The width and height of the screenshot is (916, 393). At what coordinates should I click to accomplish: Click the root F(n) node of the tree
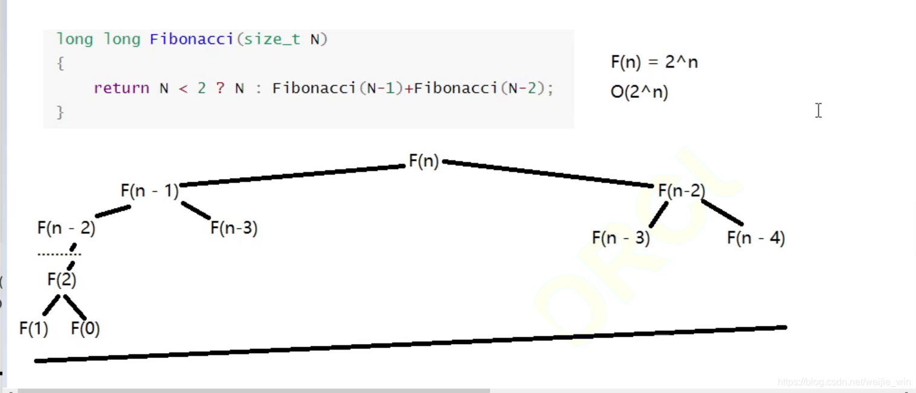coord(424,161)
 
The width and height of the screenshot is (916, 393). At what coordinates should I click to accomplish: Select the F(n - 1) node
coord(150,191)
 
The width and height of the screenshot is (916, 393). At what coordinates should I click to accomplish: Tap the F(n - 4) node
coord(756,238)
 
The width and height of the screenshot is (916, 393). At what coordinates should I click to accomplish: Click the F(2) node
coord(62,280)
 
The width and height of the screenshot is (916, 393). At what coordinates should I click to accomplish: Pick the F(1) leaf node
coord(34,329)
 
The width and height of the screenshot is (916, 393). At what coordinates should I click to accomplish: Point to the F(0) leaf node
coord(85,329)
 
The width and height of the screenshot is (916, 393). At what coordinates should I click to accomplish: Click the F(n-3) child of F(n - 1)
coord(234,229)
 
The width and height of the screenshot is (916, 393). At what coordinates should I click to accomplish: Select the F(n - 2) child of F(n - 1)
coord(66,229)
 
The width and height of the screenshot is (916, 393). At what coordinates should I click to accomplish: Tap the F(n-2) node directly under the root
coord(682,191)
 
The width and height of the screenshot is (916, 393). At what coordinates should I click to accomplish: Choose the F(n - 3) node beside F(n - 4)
coord(621,238)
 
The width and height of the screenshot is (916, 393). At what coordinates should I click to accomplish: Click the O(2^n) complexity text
coord(639,93)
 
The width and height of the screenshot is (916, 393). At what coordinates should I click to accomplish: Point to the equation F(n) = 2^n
coord(654,62)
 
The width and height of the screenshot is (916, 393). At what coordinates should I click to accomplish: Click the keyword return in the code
coord(121,88)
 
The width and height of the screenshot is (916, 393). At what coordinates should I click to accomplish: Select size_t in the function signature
coord(272,40)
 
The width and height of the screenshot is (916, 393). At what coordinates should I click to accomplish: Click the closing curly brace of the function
coord(60,112)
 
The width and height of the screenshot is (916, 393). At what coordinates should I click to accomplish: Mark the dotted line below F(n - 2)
coord(59,254)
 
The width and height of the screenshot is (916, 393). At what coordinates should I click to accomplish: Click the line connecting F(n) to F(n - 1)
coord(292,175)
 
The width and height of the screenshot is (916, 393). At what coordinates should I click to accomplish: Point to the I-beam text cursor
coord(818,111)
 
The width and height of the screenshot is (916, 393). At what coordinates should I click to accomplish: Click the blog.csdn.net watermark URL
coord(843,382)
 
